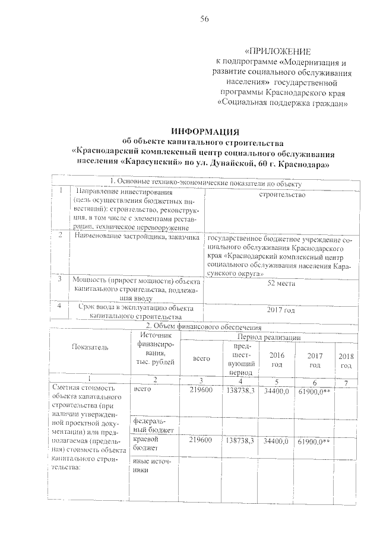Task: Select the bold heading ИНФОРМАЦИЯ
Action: (204, 131)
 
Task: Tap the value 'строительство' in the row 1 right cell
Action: (282, 194)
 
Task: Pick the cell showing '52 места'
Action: (282, 284)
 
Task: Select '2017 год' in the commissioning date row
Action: (282, 310)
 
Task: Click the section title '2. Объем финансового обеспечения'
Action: (204, 327)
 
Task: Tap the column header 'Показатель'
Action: (90, 347)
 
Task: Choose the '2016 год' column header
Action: (277, 360)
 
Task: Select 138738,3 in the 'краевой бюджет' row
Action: (240, 441)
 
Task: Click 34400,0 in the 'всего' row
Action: (277, 392)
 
